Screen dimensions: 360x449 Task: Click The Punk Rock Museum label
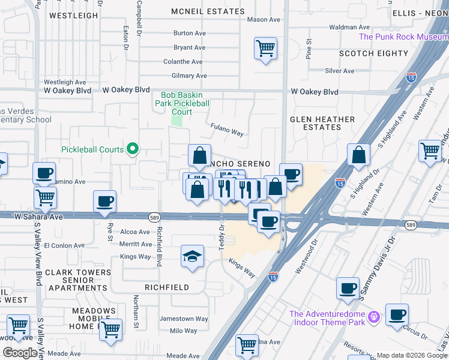pos(403,37)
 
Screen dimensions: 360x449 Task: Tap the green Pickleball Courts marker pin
pos(133,149)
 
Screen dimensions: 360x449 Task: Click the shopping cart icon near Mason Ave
pos(265,47)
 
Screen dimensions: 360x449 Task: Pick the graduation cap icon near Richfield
pos(192,257)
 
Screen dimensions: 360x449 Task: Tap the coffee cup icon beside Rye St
pos(104,202)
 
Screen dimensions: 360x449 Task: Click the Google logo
pos(19,352)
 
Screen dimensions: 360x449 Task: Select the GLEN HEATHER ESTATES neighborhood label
pos(322,123)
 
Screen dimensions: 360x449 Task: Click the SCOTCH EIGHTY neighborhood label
pos(373,53)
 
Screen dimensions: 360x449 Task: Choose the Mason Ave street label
pos(264,20)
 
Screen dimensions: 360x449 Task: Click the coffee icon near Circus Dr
pos(397,314)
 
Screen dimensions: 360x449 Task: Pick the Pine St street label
pos(309,49)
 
